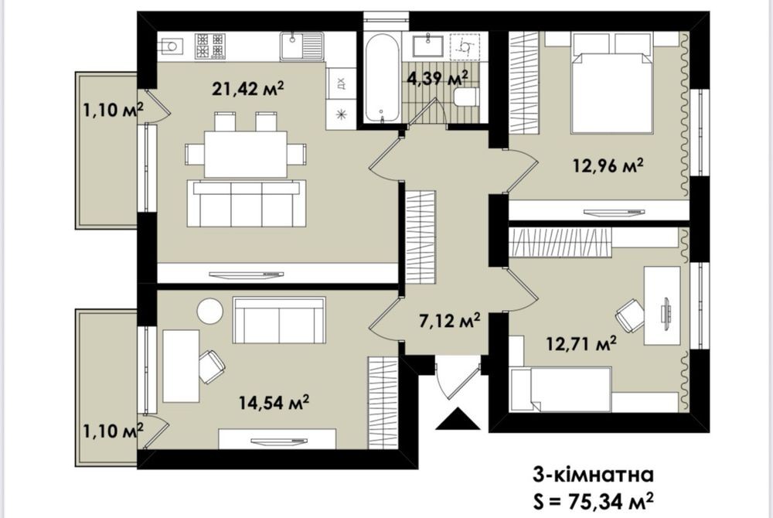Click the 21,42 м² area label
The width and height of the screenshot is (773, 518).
click(x=248, y=89)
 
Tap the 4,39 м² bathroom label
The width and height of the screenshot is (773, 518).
click(x=438, y=78)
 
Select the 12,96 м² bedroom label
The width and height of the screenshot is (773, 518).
click(x=608, y=165)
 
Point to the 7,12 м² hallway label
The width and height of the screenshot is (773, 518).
click(x=450, y=322)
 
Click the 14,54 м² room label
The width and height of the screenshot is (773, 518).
click(x=274, y=403)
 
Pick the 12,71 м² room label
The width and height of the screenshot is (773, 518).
click(x=581, y=342)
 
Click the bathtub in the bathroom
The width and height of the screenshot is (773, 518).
click(x=382, y=78)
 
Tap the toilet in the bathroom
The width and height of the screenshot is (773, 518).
click(x=466, y=97)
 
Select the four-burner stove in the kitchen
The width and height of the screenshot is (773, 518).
click(x=210, y=46)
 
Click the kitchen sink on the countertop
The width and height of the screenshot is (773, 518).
click(x=301, y=46)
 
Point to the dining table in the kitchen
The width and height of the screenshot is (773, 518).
click(x=246, y=154)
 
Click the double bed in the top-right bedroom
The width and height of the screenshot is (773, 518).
click(x=611, y=83)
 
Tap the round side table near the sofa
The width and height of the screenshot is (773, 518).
click(x=210, y=311)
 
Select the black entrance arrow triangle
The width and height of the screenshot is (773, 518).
click(x=458, y=419)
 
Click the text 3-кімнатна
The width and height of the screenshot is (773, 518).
click(x=593, y=475)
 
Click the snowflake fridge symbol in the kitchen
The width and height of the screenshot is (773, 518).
click(x=341, y=115)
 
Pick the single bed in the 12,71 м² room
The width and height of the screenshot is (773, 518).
click(x=561, y=389)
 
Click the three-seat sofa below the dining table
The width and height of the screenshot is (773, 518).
click(x=247, y=203)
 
